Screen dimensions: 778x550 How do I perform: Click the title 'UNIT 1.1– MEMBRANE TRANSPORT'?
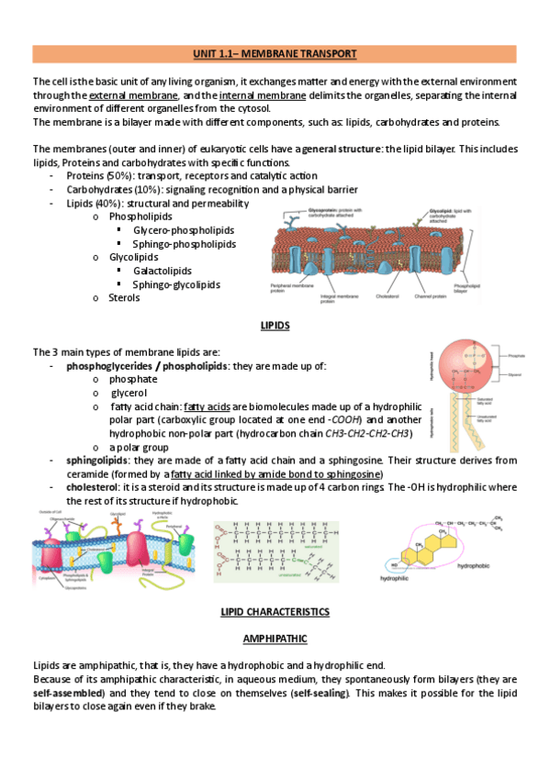point(275,54)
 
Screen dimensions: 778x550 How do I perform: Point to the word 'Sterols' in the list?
point(125,298)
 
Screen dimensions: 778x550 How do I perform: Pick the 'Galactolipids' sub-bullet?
point(163,271)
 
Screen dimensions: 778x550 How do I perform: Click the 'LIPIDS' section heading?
point(275,326)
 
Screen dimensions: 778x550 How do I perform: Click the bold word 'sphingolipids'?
point(97,460)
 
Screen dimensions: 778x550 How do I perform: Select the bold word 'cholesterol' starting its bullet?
point(94,487)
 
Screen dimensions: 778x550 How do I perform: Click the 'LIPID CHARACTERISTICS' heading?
point(275,611)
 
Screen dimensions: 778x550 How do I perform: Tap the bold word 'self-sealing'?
point(318,693)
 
